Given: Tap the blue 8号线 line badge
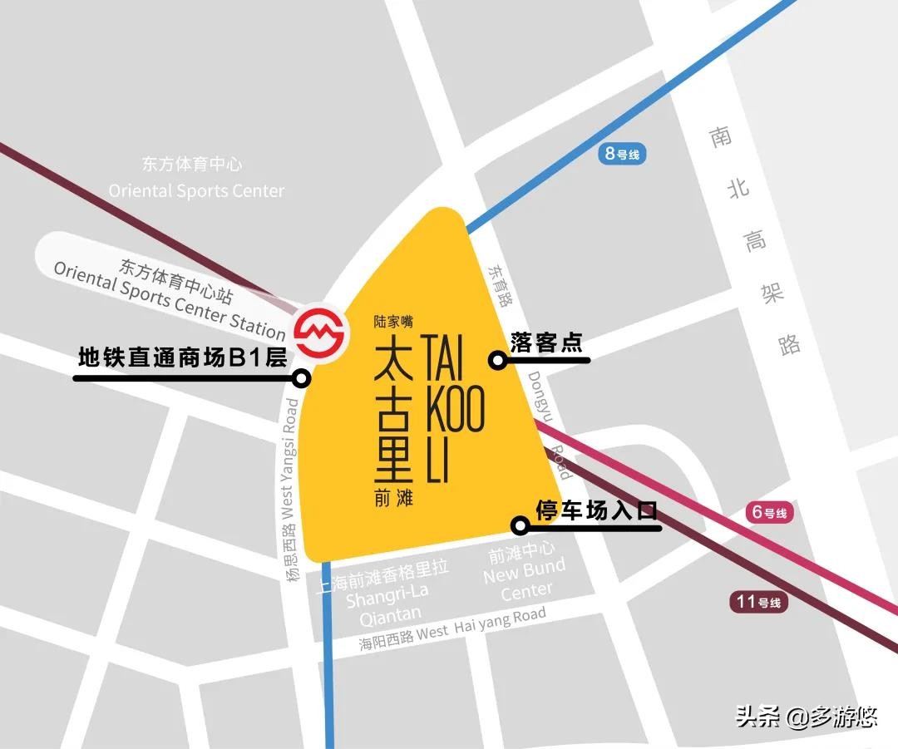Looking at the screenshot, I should tap(622, 153).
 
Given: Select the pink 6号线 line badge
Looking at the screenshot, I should tap(770, 512).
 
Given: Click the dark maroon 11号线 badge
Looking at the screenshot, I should tap(760, 602).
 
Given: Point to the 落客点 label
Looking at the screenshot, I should tap(547, 342).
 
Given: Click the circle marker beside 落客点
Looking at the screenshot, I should tap(497, 360).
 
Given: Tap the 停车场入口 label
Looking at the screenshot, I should tap(596, 510).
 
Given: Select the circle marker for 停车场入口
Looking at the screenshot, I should tap(520, 525).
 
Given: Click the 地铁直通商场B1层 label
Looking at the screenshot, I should tap(182, 358).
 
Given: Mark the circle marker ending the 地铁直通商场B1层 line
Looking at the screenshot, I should tap(301, 378).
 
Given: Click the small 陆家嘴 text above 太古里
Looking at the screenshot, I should tap(393, 319).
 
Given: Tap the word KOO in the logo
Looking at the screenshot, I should tap(454, 408).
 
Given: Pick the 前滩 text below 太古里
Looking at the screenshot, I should tap(393, 499).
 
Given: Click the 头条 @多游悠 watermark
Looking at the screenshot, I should tap(806, 716).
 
